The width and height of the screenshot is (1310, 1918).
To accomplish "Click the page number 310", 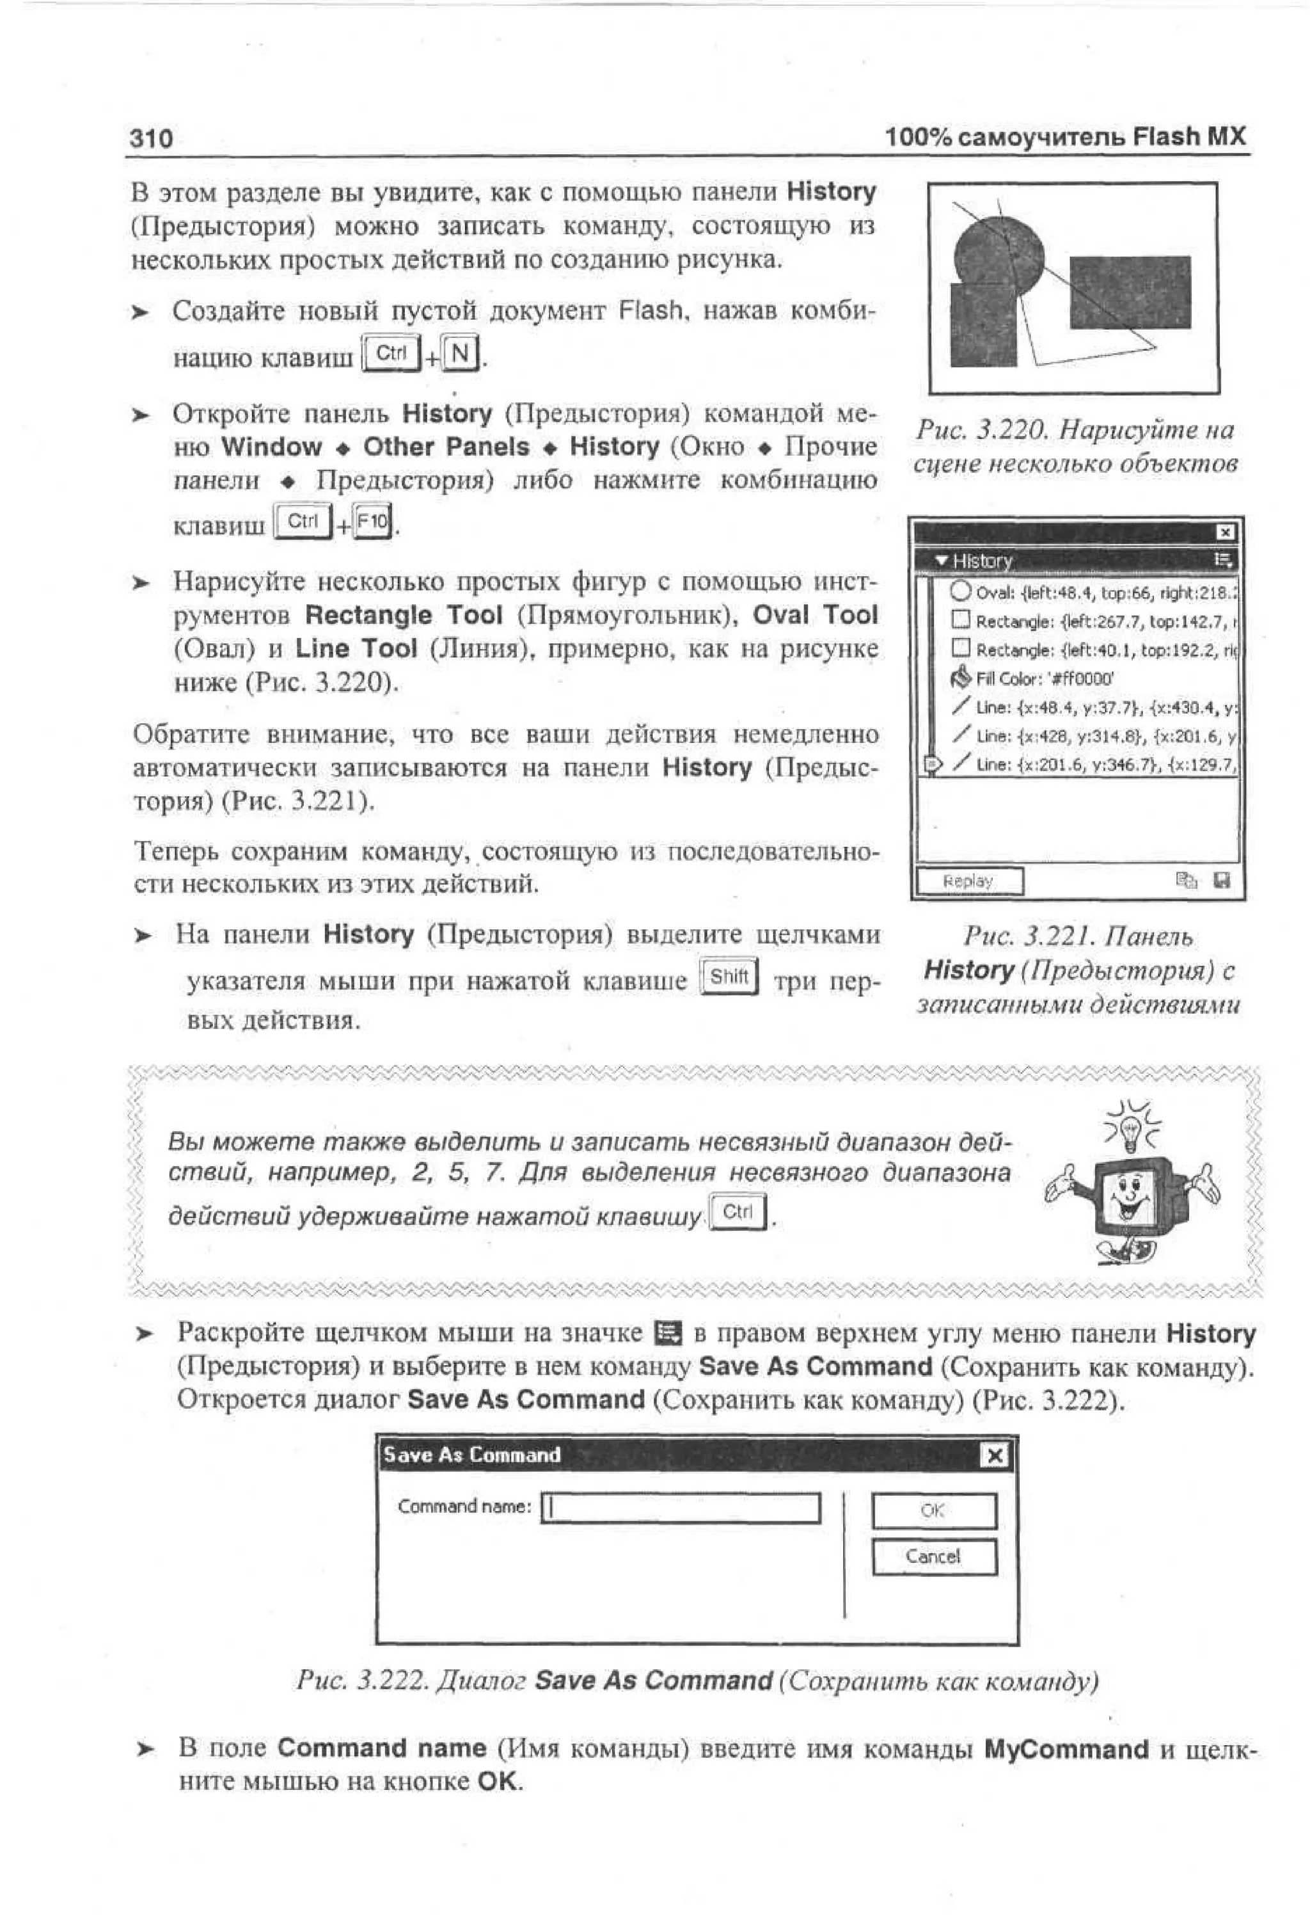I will click(x=151, y=138).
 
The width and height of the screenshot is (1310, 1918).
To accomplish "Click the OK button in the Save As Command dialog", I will click(x=933, y=1510).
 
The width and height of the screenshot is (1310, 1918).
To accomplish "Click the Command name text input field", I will click(x=681, y=1508).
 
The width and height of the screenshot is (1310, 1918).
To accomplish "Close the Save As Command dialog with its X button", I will click(x=995, y=1455).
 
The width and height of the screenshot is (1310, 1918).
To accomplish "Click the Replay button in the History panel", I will click(x=968, y=881).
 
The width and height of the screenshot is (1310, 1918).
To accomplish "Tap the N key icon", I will click(x=461, y=353).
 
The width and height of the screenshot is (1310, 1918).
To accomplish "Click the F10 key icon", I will click(x=373, y=522).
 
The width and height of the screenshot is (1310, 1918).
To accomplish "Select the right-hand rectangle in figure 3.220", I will click(x=1130, y=291).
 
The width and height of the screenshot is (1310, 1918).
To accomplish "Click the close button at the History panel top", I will click(x=1225, y=532).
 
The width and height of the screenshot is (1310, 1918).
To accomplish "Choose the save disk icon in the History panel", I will click(x=1222, y=881).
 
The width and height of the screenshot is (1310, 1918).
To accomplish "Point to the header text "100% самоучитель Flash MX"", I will click(x=1065, y=136).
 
